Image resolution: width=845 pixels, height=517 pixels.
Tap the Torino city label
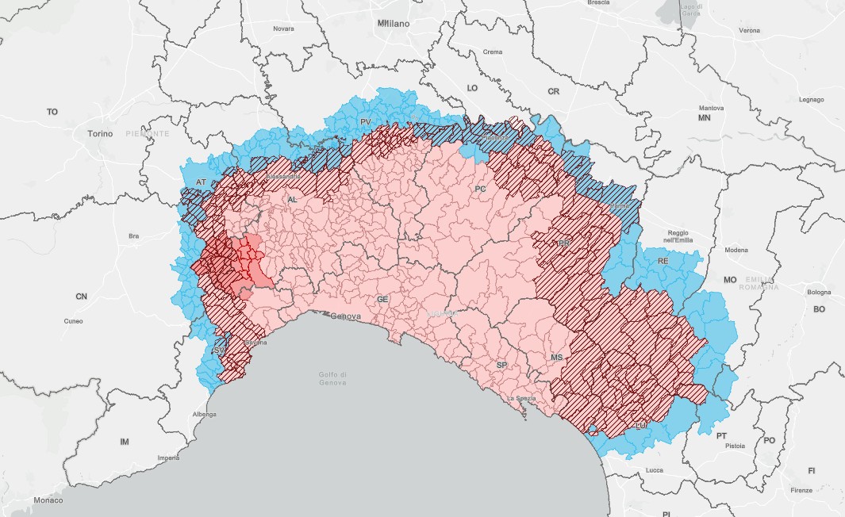[x=102, y=134]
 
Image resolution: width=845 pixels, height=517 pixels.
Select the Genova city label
[x=345, y=316]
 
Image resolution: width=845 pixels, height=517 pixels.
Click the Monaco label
[x=48, y=500]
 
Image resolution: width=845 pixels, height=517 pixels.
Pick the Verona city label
[x=749, y=30]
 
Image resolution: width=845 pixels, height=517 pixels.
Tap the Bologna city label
[x=819, y=293]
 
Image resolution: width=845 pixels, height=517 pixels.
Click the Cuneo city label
[x=73, y=321]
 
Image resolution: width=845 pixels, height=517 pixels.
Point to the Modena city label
[x=736, y=250]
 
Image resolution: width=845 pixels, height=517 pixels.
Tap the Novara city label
[x=283, y=29]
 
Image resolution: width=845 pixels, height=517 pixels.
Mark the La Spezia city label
[x=521, y=398]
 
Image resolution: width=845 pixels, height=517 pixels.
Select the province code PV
[x=365, y=121]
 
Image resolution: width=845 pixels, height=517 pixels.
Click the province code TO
[x=52, y=112]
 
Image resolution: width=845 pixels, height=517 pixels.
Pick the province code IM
[x=124, y=441]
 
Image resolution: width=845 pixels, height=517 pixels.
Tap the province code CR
[x=554, y=92]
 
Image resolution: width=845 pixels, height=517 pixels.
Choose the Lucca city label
[x=655, y=470]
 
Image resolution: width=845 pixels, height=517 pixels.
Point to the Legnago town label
[x=811, y=100]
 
